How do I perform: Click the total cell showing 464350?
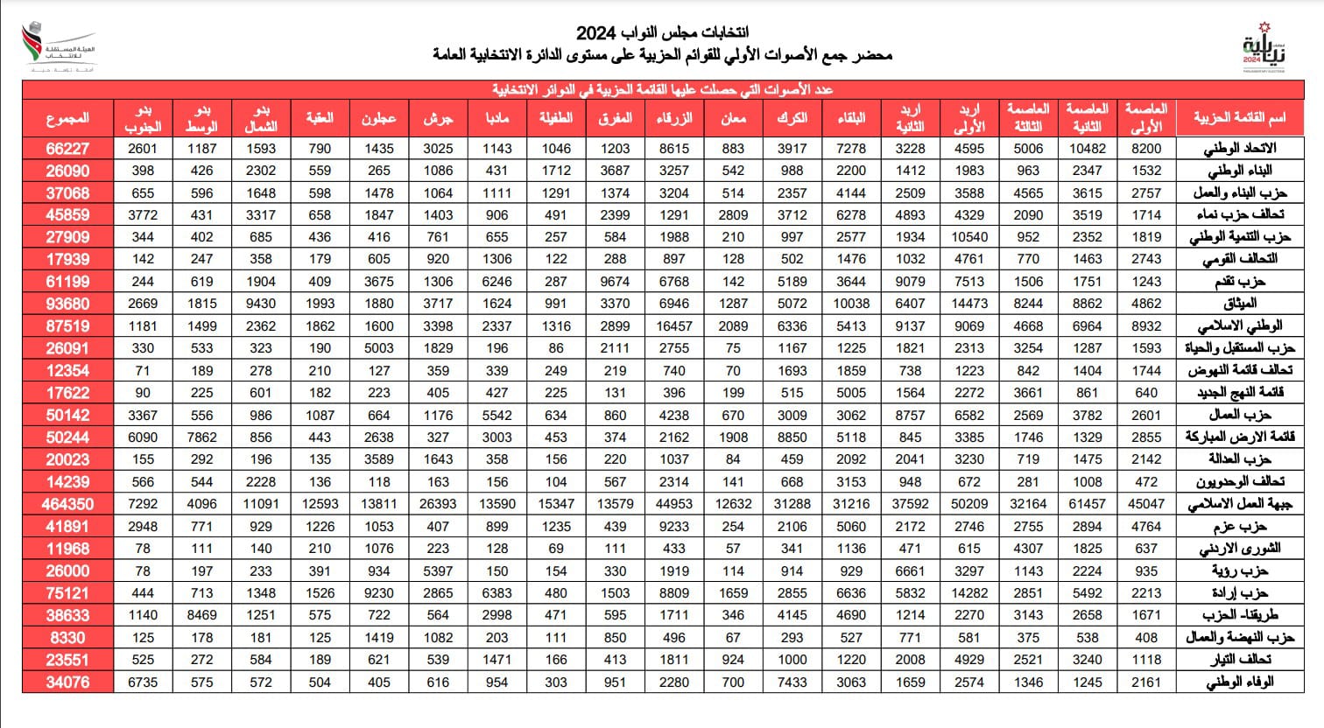pyautogui.click(x=67, y=504)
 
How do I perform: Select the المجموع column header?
pyautogui.click(x=67, y=117)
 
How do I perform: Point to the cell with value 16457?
pyautogui.click(x=674, y=325)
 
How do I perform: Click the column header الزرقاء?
pyautogui.click(x=674, y=117)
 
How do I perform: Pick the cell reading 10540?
pyautogui.click(x=969, y=236)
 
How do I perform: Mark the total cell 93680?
pyautogui.click(x=67, y=304)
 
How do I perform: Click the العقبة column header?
pyautogui.click(x=320, y=117)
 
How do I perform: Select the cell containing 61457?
pyautogui.click(x=1088, y=504)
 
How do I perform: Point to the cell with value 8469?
pyautogui.click(x=201, y=615)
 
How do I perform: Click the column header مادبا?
pyautogui.click(x=497, y=117)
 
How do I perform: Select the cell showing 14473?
pyautogui.click(x=969, y=304)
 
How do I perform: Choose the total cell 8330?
pyautogui.click(x=67, y=638)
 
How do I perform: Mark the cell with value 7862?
pyautogui.click(x=201, y=437)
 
